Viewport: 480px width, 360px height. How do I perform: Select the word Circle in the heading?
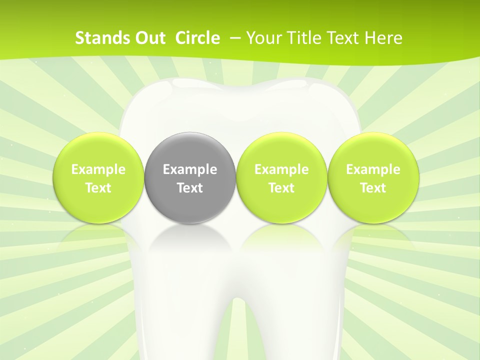[197, 38]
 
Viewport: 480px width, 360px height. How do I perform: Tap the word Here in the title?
[383, 38]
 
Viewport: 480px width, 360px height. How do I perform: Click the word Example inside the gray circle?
[190, 169]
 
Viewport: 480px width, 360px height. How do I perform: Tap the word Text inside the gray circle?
[190, 188]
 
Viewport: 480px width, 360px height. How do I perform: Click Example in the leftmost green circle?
[98, 169]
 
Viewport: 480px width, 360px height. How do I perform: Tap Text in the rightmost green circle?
[373, 188]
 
